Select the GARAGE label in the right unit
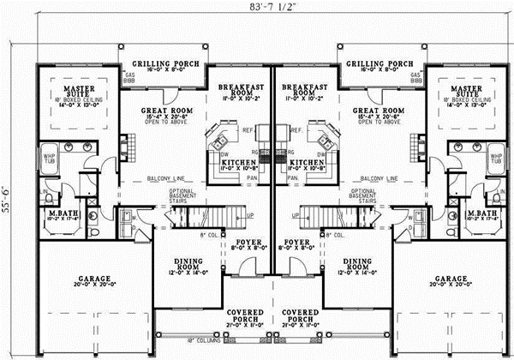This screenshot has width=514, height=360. (451, 279)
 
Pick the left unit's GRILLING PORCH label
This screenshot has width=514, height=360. (167, 64)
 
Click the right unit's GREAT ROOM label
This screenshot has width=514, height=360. (379, 111)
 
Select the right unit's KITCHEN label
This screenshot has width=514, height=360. (304, 161)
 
